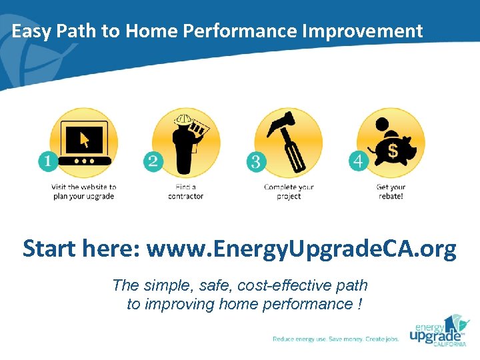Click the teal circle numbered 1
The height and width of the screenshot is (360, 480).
(48, 161)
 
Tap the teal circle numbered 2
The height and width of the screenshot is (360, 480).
(153, 161)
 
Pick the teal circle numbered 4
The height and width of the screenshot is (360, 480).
(359, 161)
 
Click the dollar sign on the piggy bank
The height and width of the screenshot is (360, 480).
(393, 151)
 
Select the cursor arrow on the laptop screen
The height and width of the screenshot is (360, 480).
(85, 139)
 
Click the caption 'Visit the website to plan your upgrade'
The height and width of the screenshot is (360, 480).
(84, 192)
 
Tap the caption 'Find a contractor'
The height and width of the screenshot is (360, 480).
(186, 192)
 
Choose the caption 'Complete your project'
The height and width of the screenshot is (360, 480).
(289, 192)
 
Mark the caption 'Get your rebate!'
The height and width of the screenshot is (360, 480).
(391, 192)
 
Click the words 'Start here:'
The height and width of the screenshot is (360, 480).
(81, 249)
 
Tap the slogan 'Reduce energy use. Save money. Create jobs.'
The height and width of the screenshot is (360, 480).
(336, 339)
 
